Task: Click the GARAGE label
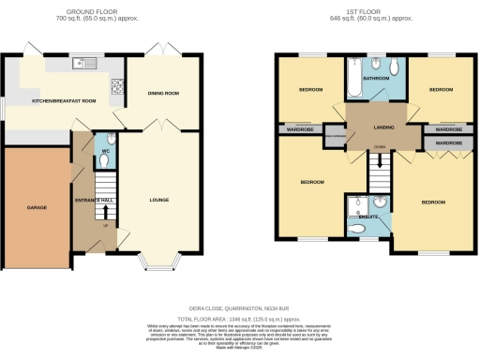(36, 206)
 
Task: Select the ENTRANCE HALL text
(94, 200)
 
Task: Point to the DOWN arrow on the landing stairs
(379, 148)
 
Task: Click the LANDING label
(383, 127)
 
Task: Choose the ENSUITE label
(369, 217)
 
